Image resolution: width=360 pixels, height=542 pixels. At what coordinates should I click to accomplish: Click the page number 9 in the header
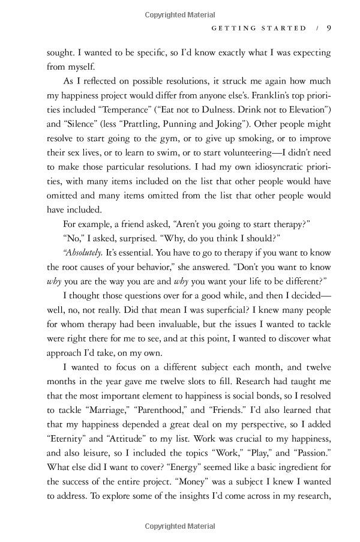tap(322, 28)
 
